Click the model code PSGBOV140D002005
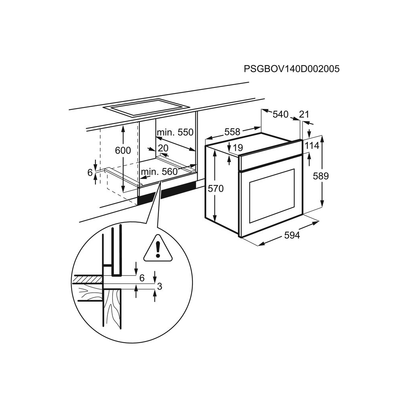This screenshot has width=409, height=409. coord(292,69)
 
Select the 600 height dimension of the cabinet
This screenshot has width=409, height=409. coord(123,151)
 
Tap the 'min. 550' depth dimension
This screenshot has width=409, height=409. coord(175,132)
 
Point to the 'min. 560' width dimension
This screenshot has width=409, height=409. coord(159,172)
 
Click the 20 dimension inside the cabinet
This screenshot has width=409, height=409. coord(163,148)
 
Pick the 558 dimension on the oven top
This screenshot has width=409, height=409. coord(232,131)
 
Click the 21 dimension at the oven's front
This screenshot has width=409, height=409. coord(304,115)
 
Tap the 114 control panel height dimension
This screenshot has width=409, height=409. coord(312,146)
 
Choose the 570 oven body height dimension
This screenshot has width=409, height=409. coord(216,189)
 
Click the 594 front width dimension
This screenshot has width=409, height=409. coord(292,235)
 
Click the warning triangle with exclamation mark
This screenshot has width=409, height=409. coord(158,249)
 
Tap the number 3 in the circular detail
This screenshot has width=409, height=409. coord(159,286)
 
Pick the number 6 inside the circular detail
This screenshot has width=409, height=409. coord(141,278)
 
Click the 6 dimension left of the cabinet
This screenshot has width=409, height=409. coord(90,173)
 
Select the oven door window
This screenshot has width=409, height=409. coord(272,196)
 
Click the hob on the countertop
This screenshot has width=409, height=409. coord(146,107)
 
